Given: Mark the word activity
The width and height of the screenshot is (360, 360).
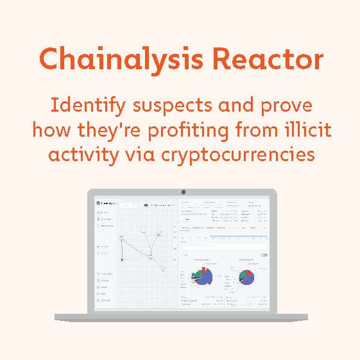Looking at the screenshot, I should click(74, 155).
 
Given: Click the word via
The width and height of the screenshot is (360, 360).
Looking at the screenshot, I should click(135, 155).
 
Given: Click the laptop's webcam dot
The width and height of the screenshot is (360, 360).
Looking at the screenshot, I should click(183, 192).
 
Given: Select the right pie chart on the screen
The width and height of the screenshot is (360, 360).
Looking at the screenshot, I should click(246, 277).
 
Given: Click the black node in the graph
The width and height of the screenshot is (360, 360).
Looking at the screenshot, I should click(121, 260).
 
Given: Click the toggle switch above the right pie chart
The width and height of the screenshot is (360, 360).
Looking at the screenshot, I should click(264, 255).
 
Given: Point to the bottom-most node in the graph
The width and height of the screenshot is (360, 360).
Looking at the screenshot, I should click(164, 269).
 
